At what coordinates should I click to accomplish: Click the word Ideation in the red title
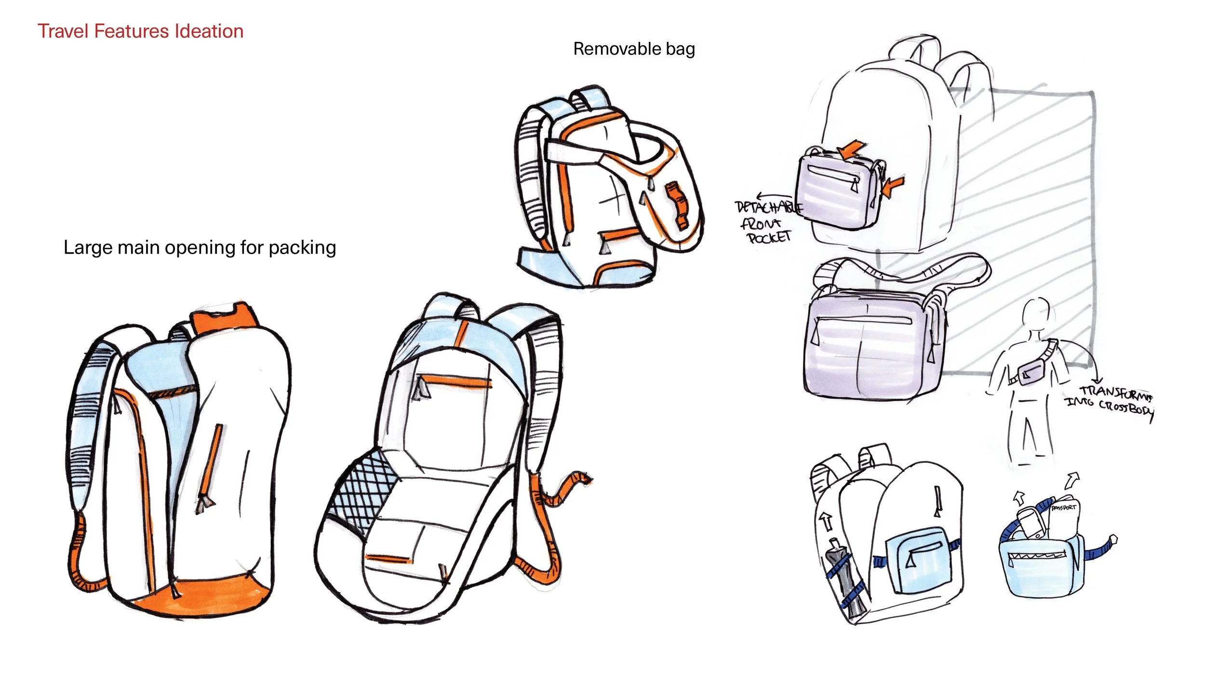click(x=209, y=31)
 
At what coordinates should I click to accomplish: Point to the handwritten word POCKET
click(x=769, y=237)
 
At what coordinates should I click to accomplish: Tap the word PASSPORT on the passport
click(x=1063, y=508)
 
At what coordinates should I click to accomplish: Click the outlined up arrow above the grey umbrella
click(x=827, y=522)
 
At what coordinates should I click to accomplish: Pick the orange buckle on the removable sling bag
click(x=677, y=205)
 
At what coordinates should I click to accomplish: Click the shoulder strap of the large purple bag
click(x=901, y=270)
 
